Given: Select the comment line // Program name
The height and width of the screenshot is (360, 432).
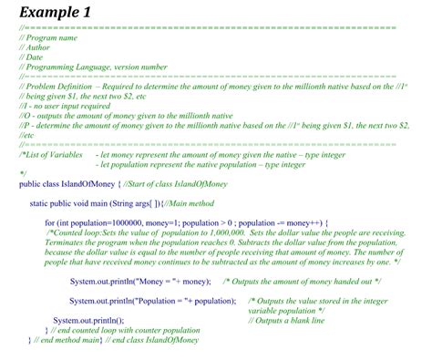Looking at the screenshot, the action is [46, 37].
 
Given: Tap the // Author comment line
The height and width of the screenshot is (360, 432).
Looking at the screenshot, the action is [36, 47].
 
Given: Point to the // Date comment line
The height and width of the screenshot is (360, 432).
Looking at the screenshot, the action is [31, 57].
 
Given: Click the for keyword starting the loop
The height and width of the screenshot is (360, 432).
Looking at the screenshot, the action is [51, 222].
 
